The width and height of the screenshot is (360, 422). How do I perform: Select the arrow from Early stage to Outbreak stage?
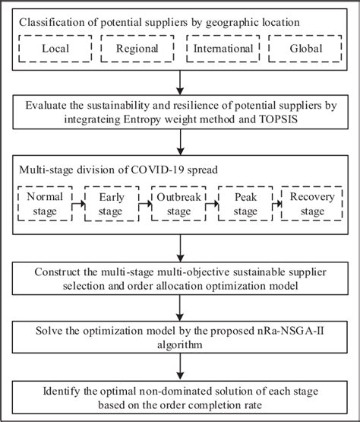[144, 202]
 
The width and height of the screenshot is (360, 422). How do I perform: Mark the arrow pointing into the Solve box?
[180, 309]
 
